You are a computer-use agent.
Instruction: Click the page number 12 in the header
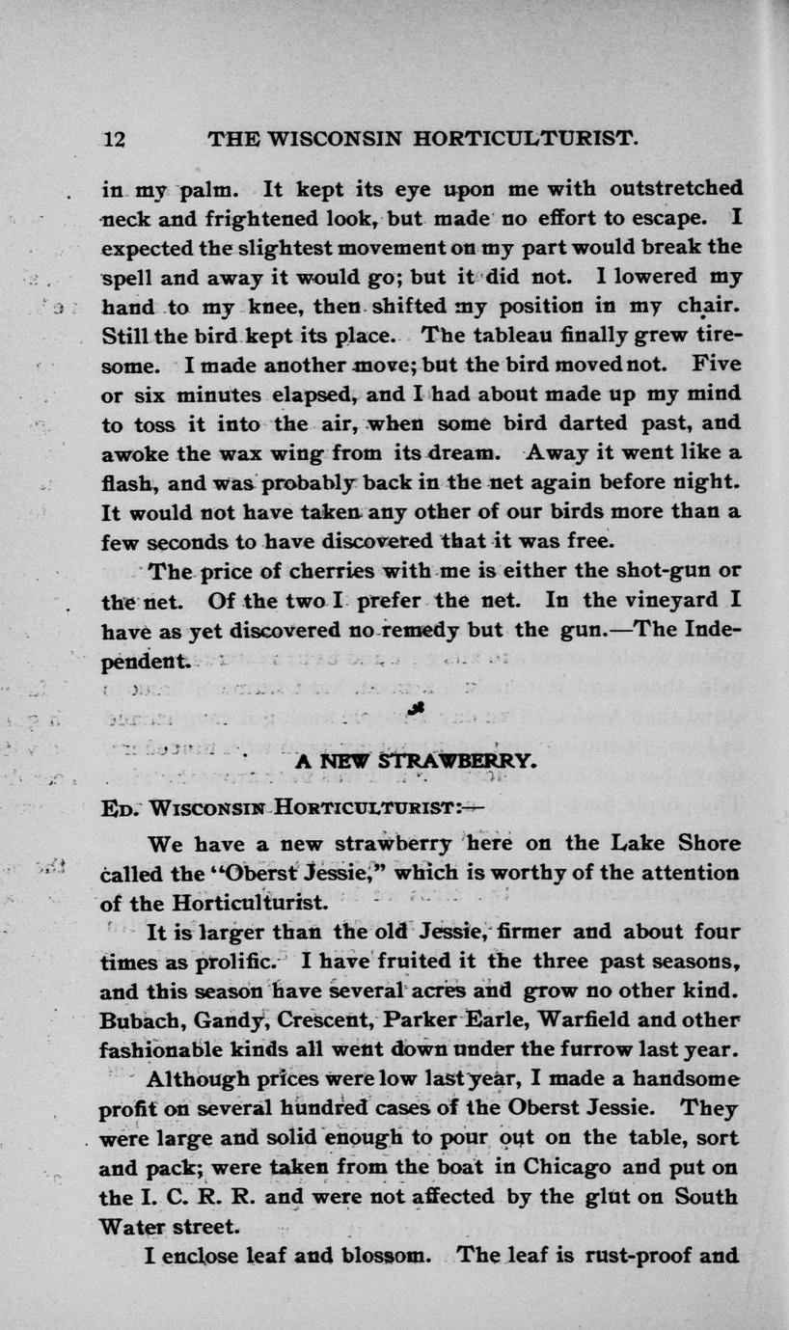pos(114,138)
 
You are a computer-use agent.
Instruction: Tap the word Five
pos(716,366)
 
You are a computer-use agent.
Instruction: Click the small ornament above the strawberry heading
pos(416,710)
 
